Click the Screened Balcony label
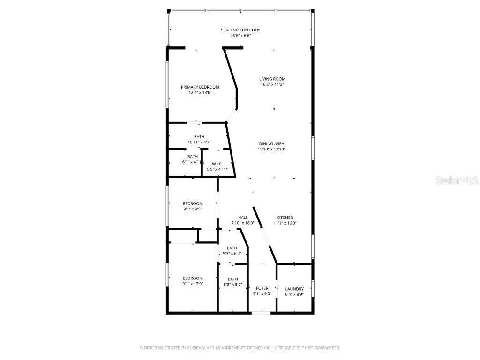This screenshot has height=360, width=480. [240, 30]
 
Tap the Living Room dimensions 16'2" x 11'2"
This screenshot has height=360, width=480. [273, 85]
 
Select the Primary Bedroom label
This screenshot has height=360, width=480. [200, 87]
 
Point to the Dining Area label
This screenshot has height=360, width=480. [272, 144]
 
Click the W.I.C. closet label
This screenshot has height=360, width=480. [217, 164]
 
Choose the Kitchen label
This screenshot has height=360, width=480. [285, 217]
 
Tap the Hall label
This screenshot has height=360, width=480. [243, 217]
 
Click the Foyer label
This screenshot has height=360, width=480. [262, 288]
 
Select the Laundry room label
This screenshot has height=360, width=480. [294, 289]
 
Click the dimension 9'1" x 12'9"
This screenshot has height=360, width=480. [193, 284]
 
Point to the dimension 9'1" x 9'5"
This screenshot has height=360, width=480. [193, 209]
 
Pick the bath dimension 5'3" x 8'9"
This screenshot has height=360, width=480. [233, 285]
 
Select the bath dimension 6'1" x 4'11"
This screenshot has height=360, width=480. [193, 162]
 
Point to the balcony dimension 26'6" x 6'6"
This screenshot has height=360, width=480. [240, 36]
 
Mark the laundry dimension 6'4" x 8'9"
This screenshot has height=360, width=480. [294, 294]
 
